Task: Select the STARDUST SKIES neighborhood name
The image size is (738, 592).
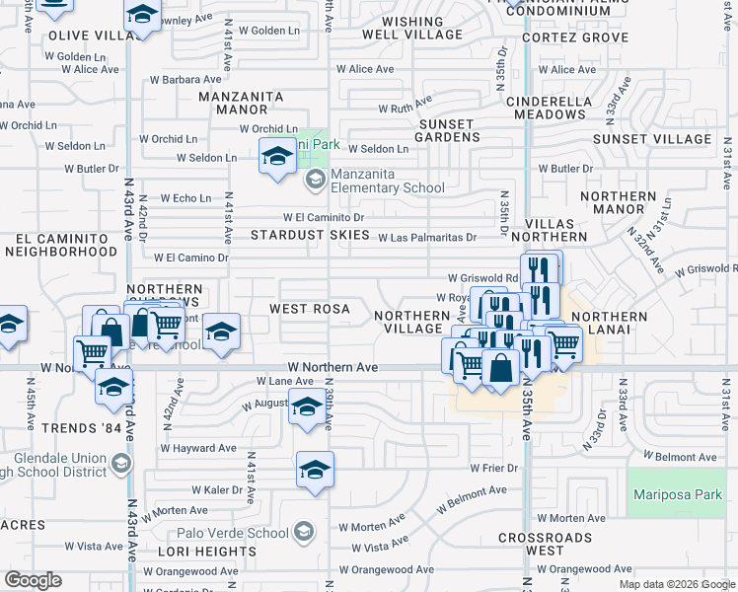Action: [x=310, y=235]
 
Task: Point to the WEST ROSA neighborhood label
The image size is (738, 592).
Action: [x=310, y=309]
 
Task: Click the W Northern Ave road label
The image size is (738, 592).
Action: [x=332, y=367]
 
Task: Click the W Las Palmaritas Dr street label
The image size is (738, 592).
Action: [x=426, y=237]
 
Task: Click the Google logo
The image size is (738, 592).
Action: [x=32, y=580]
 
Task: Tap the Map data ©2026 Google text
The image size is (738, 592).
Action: [x=677, y=584]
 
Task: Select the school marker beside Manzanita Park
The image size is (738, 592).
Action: [x=277, y=156]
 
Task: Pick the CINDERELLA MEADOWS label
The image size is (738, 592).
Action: [x=558, y=108]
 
